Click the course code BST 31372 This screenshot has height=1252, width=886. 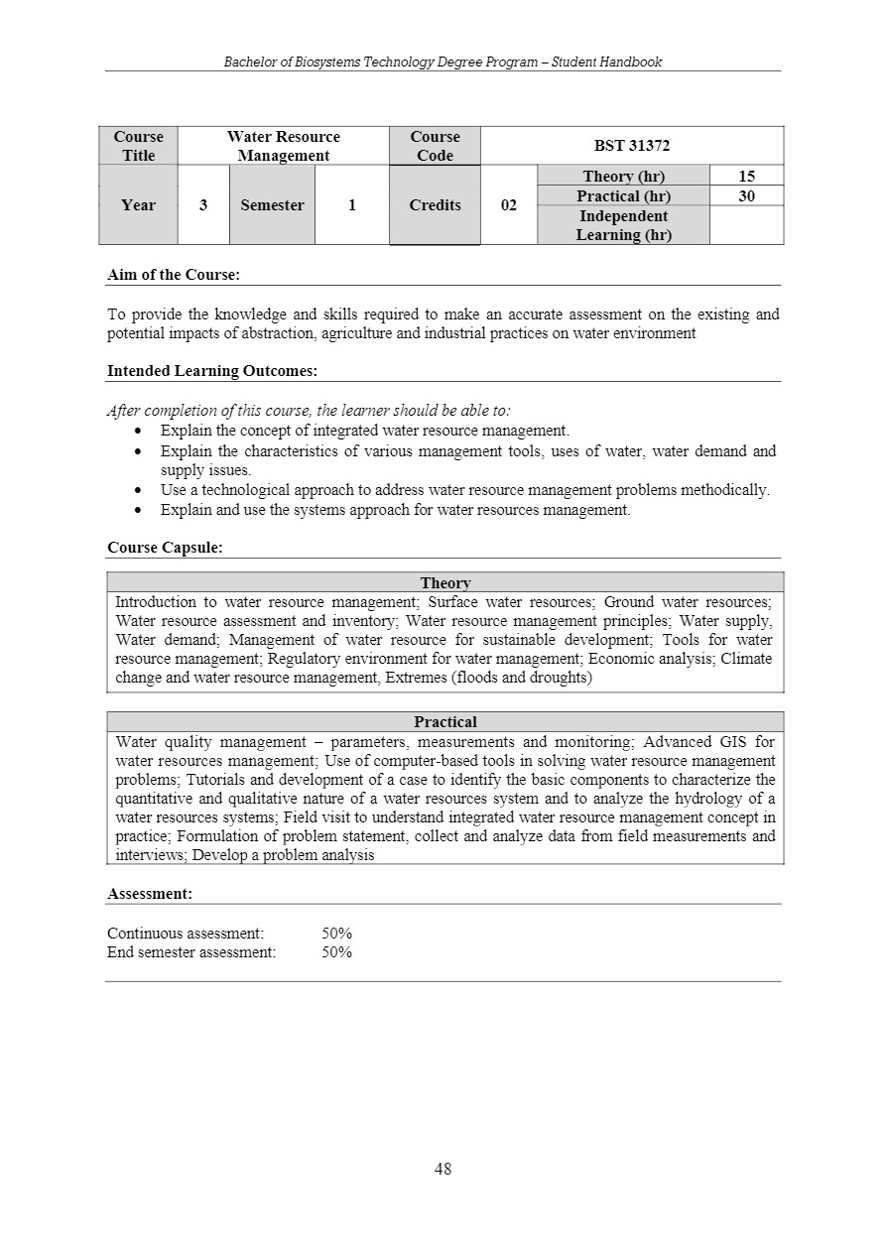[632, 146]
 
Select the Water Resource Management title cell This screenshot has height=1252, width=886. [283, 146]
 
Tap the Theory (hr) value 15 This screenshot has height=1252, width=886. [746, 177]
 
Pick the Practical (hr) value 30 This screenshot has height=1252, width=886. [746, 196]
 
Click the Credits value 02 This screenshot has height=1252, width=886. [508, 205]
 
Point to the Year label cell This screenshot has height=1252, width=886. [138, 205]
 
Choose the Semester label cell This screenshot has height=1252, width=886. [272, 205]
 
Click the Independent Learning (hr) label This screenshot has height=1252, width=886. [623, 225]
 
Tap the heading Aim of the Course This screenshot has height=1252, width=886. [174, 275]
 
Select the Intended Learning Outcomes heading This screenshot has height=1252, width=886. [212, 371]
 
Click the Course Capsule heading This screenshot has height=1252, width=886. [165, 548]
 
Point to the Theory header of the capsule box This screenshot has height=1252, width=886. [445, 583]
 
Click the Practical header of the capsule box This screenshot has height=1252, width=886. [445, 722]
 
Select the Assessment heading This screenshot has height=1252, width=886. [150, 894]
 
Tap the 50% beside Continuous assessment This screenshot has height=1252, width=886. [337, 934]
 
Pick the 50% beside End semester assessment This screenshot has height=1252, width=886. [337, 952]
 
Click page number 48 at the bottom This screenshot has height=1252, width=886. [443, 1169]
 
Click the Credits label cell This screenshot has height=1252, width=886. [435, 205]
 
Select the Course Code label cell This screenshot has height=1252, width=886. [435, 146]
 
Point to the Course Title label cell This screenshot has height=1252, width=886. [138, 146]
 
